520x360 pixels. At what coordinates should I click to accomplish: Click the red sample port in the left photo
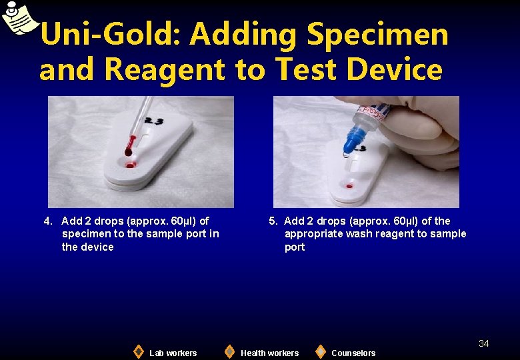click(130, 163)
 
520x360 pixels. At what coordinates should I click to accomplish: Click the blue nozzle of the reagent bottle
click(352, 141)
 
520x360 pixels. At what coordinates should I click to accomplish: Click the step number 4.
click(48, 221)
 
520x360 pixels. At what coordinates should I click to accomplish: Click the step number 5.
click(273, 221)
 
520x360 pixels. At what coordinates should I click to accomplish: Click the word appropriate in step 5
click(312, 233)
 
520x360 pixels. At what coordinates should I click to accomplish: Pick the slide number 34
click(483, 343)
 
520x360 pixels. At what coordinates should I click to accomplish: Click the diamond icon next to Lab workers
click(138, 351)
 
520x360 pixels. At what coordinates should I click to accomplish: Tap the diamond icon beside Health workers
click(229, 351)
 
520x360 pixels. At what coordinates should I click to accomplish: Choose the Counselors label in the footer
click(353, 353)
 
